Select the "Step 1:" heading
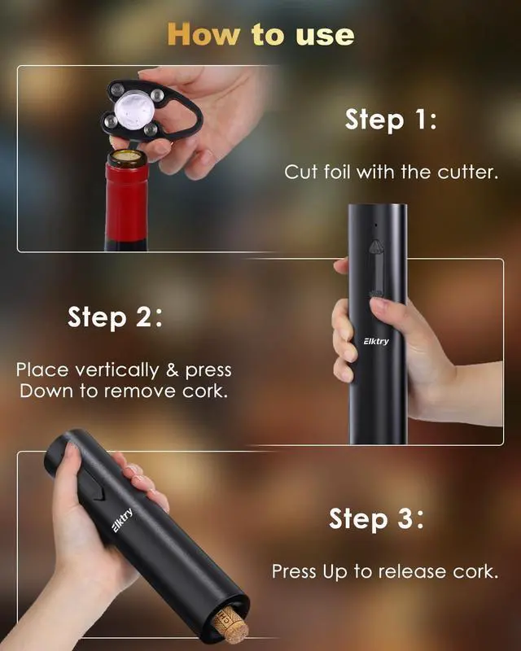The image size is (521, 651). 391,120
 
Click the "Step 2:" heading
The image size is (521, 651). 115,317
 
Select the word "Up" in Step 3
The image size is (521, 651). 335,572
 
